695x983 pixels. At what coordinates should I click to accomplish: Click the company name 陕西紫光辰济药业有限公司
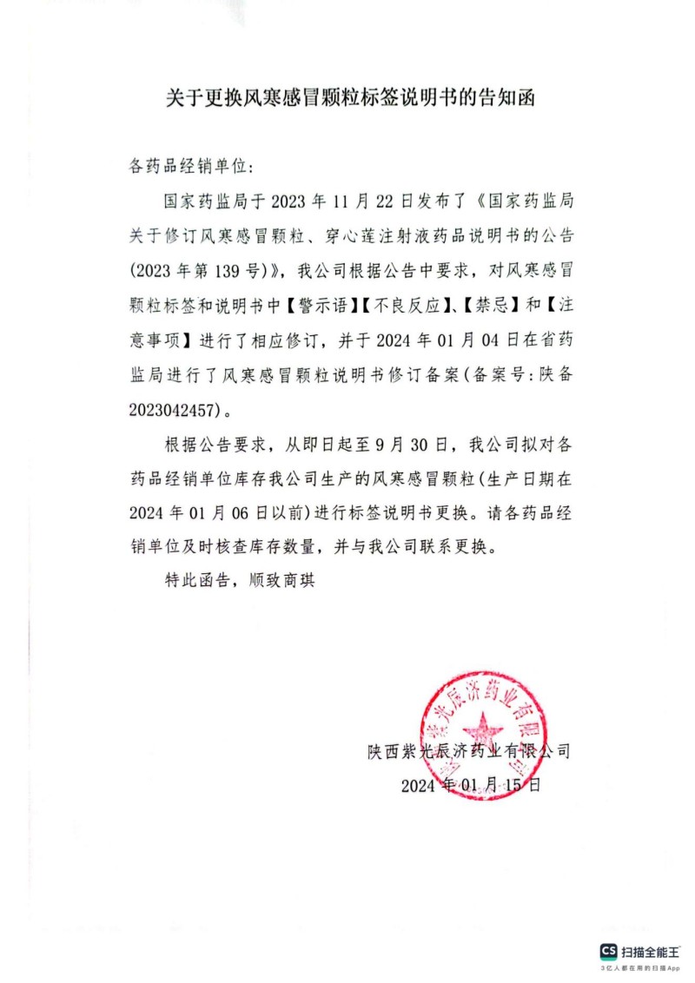coord(469,751)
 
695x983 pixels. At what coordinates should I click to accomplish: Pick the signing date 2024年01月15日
coord(471,785)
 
